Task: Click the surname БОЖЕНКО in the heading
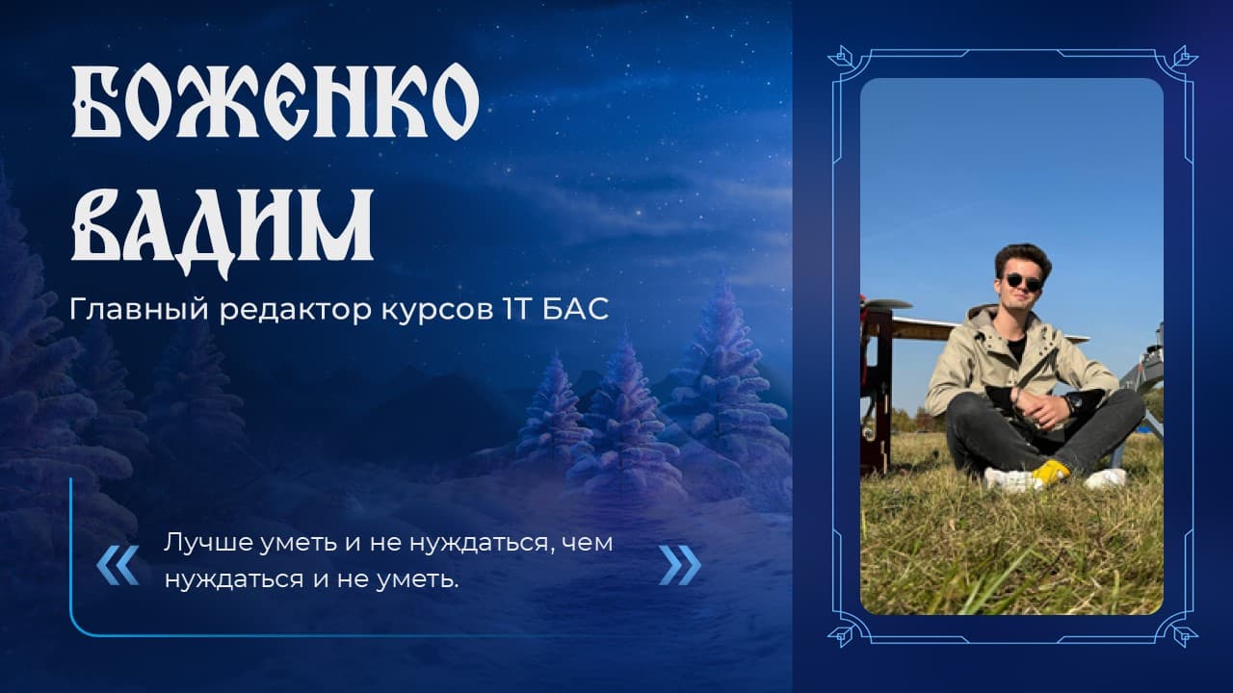pos(275,101)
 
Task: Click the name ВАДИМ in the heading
pos(223,231)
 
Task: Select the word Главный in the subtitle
pos(140,310)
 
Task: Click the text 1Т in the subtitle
pos(517,309)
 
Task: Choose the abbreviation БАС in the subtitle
pos(575,309)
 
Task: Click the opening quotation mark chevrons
pos(118,565)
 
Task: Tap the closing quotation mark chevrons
pos(680,565)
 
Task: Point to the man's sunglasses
pos(1023,283)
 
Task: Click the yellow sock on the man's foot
pos(1050,472)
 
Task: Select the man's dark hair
pos(1023,259)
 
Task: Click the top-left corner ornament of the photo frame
pos(842,57)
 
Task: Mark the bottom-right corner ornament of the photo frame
pos(1184,634)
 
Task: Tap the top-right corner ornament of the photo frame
pos(1184,57)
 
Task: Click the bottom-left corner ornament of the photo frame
pos(842,634)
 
